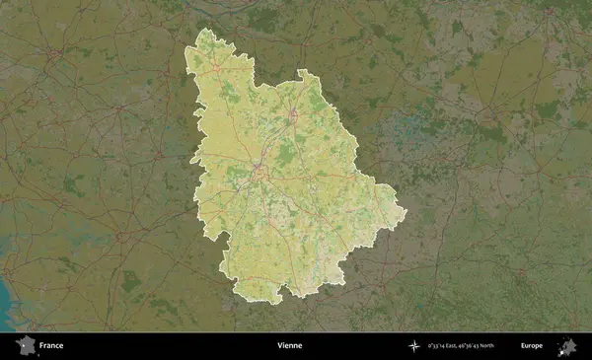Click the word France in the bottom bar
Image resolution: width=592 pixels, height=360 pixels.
coord(51,346)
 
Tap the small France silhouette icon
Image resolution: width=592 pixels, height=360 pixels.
coord(24,346)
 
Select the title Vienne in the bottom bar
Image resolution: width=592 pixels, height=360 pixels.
coord(290,346)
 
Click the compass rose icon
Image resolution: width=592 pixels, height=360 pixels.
coord(414,346)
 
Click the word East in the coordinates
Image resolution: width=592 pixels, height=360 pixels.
coord(460,346)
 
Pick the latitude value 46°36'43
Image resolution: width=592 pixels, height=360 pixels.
coord(483,346)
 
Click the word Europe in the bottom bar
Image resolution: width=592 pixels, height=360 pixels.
coord(532,346)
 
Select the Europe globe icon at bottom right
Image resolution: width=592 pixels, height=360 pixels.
coord(566,346)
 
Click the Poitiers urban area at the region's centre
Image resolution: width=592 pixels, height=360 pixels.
coord(259,174)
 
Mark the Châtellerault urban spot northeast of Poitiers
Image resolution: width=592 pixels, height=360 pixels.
coord(293,115)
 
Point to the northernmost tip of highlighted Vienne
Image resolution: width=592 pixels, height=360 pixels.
coord(204,29)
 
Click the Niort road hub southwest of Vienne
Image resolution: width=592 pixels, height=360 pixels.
coord(118,237)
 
